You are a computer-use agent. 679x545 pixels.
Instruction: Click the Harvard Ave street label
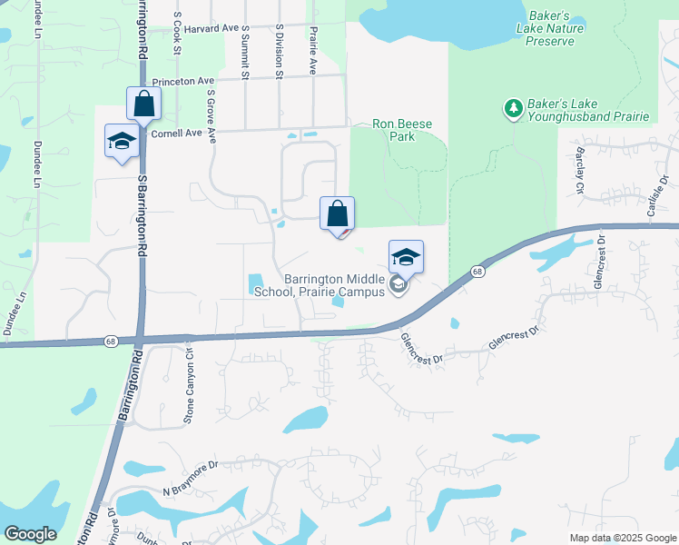(x=212, y=29)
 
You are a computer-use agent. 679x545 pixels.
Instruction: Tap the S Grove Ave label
(x=212, y=116)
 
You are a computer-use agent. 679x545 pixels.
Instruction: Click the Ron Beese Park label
(x=402, y=130)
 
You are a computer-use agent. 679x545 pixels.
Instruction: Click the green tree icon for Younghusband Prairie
(x=513, y=109)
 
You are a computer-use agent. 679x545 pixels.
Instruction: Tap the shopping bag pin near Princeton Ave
(x=144, y=104)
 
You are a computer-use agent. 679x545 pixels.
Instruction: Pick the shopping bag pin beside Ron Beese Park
(x=338, y=215)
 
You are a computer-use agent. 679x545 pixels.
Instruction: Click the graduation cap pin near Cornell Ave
(x=121, y=142)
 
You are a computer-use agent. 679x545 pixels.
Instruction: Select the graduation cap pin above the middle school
(x=406, y=258)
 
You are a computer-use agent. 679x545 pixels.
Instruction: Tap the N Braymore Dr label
(x=192, y=478)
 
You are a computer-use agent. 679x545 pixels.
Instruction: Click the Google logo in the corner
(x=30, y=533)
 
